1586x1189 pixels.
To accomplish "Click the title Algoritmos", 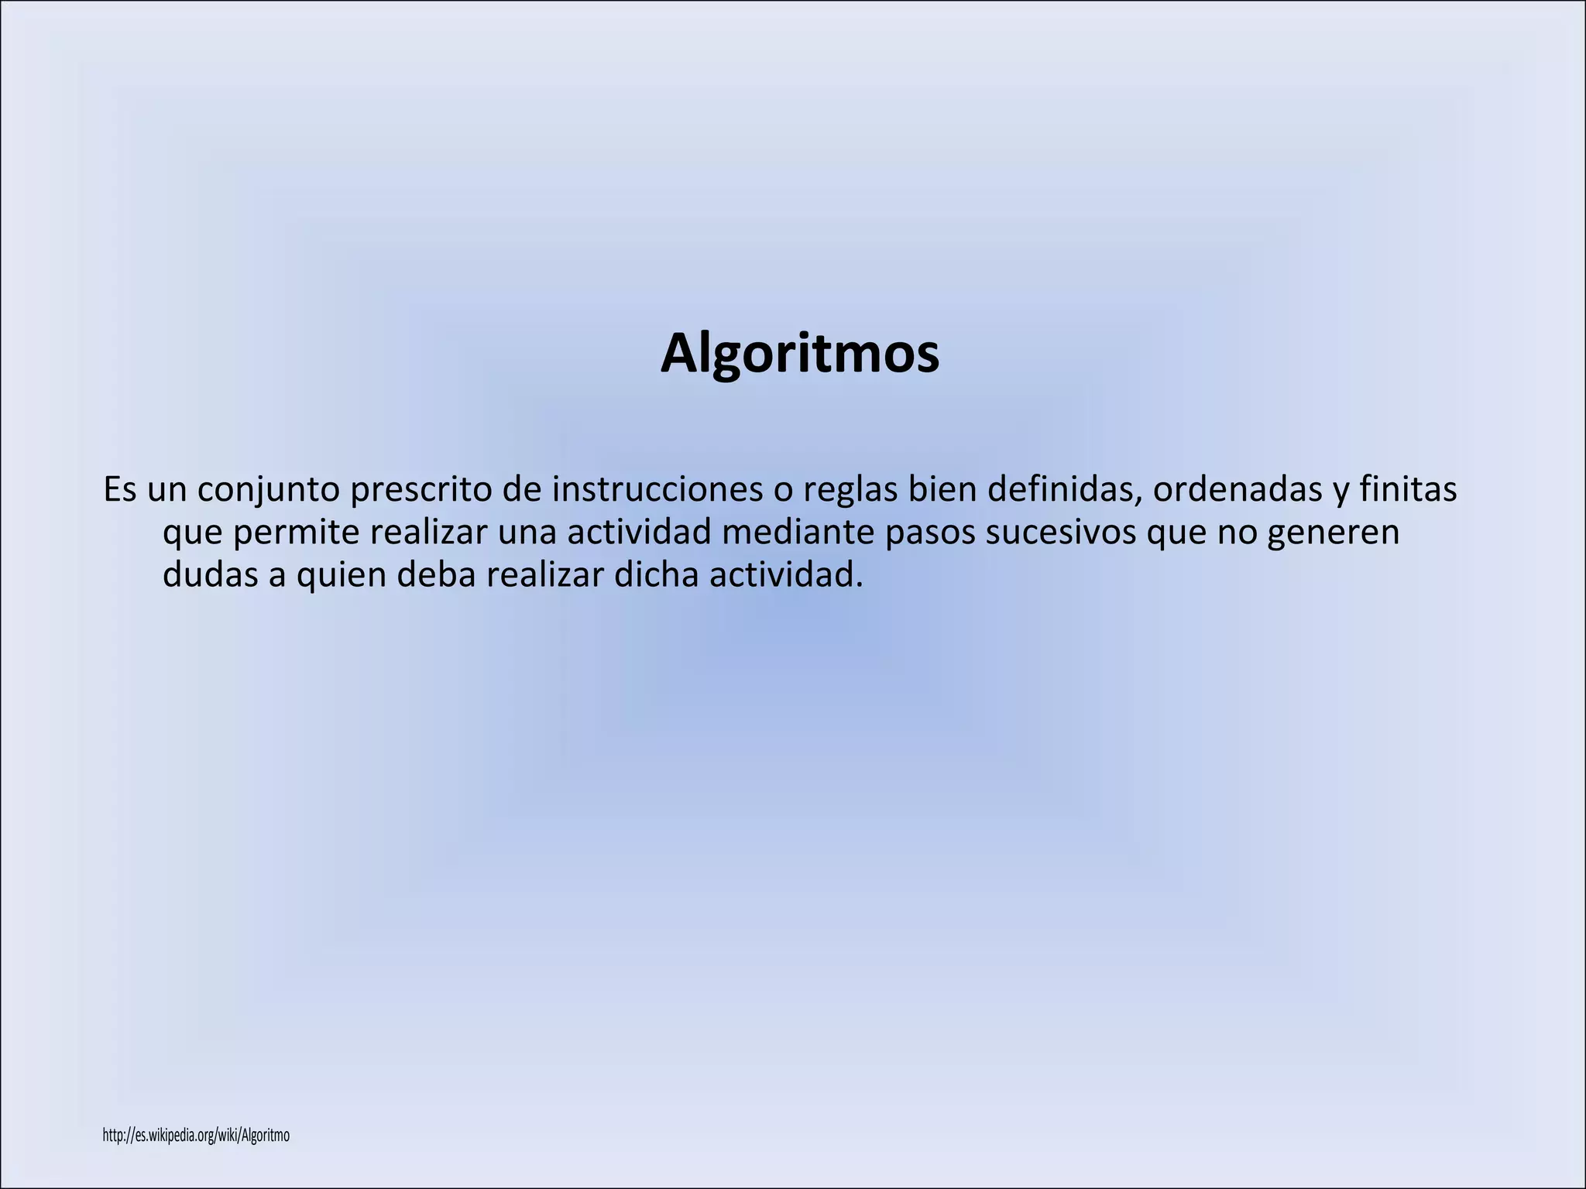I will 799,355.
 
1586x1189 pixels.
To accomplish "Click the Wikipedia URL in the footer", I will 196,1136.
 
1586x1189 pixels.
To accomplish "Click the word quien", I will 341,576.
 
